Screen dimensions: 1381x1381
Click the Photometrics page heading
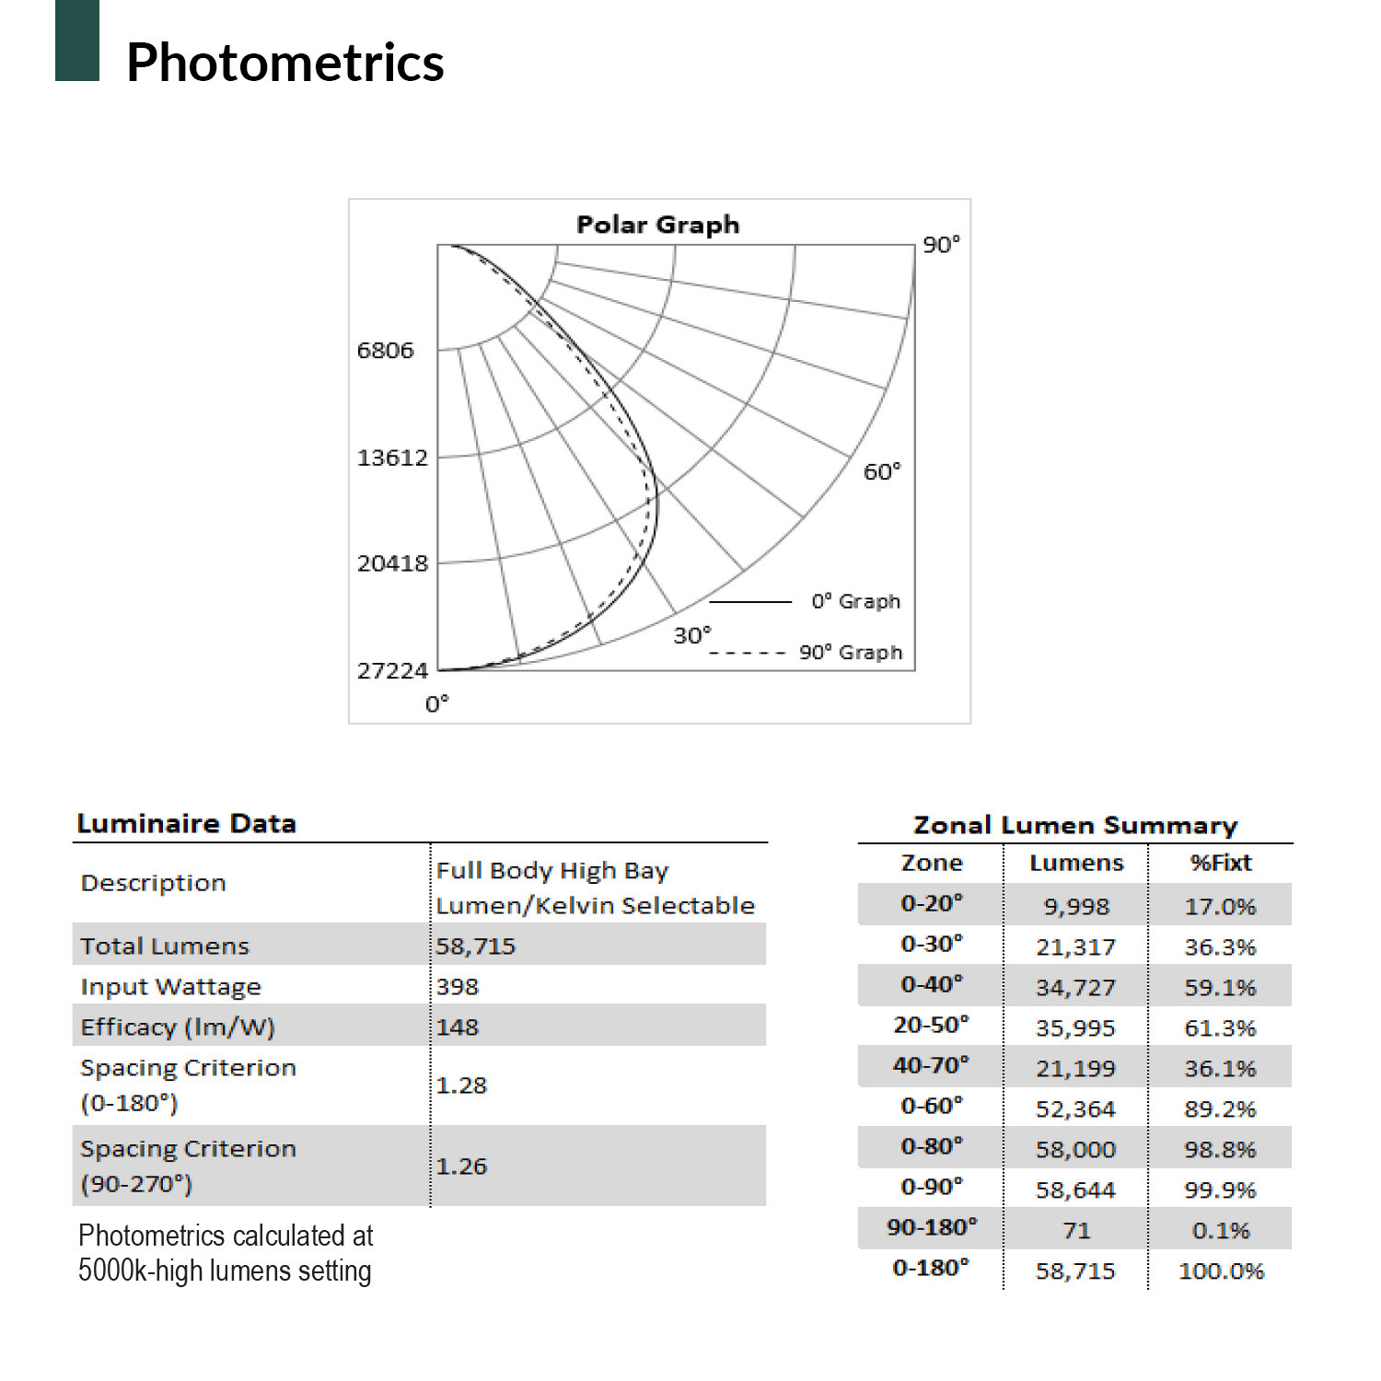tap(285, 63)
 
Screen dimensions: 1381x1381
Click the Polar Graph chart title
tap(657, 225)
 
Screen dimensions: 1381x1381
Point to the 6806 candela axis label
tap(385, 350)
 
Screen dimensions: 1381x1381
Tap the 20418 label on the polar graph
tap(392, 563)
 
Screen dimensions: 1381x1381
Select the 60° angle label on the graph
tap(881, 471)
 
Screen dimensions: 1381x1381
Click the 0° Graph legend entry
tap(855, 601)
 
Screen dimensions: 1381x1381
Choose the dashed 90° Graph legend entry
tap(850, 652)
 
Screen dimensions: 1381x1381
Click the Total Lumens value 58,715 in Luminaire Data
tap(476, 946)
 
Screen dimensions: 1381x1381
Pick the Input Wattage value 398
tap(458, 986)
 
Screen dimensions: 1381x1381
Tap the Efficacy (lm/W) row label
tap(178, 1027)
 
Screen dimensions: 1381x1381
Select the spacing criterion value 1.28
tap(461, 1085)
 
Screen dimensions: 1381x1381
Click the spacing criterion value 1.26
tap(461, 1166)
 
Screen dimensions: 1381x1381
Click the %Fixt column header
tap(1220, 863)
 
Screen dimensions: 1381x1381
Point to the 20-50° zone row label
tap(931, 1025)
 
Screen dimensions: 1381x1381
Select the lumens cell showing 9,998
tap(1075, 906)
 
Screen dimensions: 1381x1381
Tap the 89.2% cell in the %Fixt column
tap(1220, 1108)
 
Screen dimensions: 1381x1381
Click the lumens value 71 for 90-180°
tap(1075, 1230)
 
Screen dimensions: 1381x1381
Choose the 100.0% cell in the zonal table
tap(1221, 1271)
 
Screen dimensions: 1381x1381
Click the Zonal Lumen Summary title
tap(1074, 824)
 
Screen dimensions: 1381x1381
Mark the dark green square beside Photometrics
tap(77, 41)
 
